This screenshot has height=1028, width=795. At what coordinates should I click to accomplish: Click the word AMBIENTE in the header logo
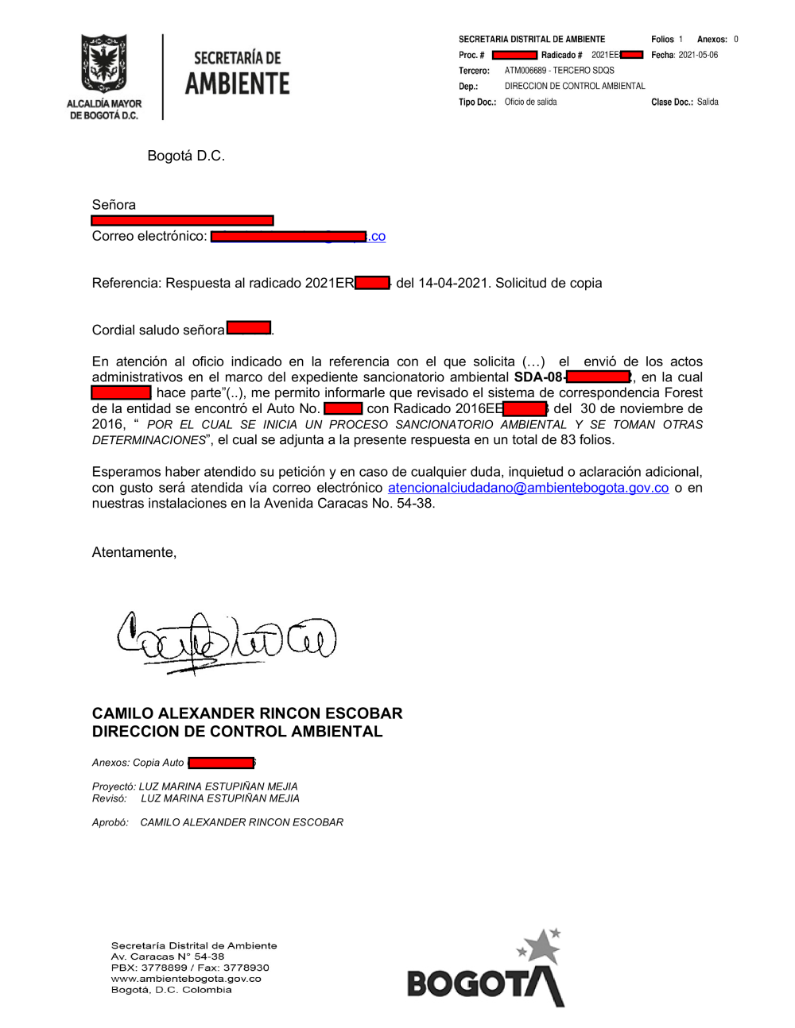point(237,83)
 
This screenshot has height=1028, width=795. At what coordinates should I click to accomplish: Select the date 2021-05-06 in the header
point(698,55)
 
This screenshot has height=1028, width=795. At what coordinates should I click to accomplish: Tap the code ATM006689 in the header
point(524,71)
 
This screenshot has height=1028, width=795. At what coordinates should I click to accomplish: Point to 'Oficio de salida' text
point(530,102)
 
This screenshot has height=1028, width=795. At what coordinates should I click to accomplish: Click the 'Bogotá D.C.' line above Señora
point(186,156)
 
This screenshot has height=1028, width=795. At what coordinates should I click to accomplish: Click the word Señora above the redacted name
point(114,205)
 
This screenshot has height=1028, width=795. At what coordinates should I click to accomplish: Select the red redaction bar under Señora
point(182,220)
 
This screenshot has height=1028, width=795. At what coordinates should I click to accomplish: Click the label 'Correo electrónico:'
point(149,236)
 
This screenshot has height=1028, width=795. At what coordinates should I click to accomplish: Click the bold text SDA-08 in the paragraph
point(538,377)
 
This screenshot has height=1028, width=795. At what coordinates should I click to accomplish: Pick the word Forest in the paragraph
point(683,392)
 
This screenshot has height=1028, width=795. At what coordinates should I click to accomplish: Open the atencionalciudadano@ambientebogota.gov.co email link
point(528,488)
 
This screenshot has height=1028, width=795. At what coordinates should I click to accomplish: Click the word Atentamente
point(134,552)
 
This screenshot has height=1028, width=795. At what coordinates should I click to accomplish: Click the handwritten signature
point(227,640)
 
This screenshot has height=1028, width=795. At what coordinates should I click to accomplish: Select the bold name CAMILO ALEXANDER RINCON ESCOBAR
point(247,713)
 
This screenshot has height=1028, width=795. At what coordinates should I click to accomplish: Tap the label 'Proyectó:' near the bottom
point(114,786)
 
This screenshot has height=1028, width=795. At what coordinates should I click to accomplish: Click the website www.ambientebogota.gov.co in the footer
point(186,979)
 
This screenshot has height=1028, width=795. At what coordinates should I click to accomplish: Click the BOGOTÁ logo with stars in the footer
point(486,971)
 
